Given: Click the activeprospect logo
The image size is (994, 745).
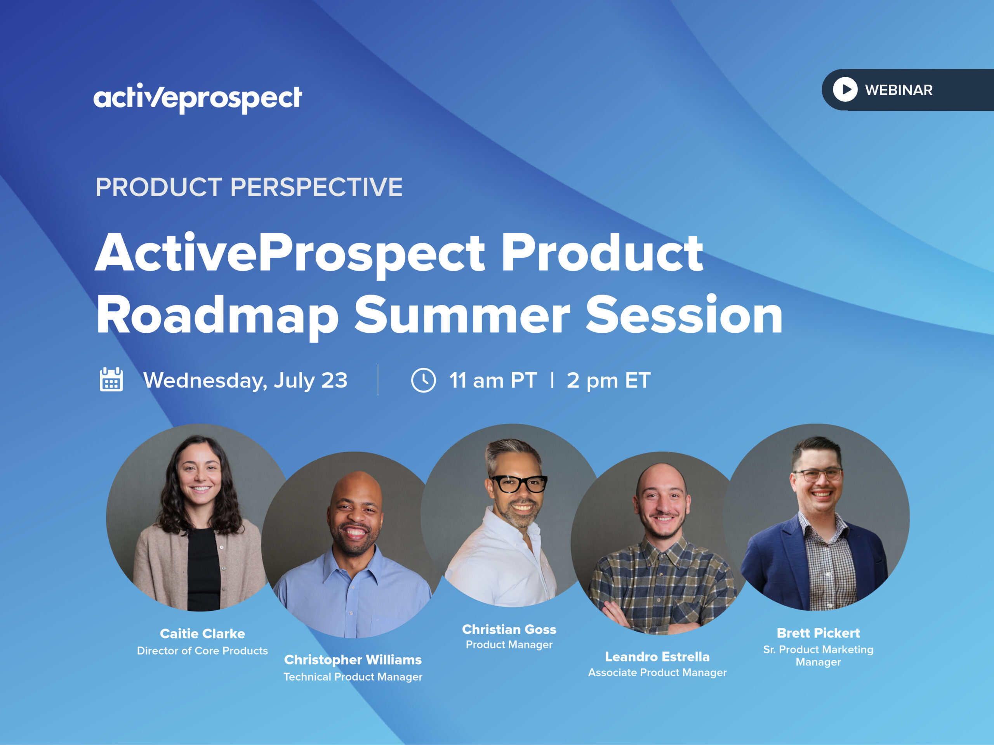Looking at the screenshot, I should tap(197, 97).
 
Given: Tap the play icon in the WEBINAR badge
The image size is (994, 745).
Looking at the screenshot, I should tap(845, 89).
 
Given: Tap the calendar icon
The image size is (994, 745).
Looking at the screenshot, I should tap(111, 380).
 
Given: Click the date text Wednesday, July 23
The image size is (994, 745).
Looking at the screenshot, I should tap(245, 380).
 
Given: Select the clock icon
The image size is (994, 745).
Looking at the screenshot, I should tap(423, 380).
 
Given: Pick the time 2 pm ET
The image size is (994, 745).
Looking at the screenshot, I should tap(608, 380).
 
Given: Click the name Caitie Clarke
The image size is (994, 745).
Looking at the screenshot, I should tap(202, 634).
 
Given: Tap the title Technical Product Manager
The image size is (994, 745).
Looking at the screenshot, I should tap(353, 677).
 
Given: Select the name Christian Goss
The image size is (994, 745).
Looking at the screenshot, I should tap(509, 629).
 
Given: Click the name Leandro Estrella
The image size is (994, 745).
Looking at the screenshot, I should tap(657, 656).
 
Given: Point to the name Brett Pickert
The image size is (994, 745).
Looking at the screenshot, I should tap(818, 633).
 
